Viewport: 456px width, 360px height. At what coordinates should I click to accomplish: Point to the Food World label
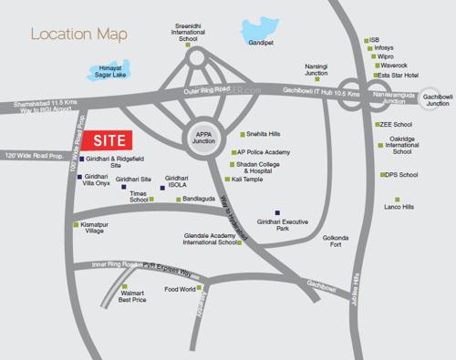(x=181, y=291)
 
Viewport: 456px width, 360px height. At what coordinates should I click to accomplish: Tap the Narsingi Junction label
(x=316, y=70)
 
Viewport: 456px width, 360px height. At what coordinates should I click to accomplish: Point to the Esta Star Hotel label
(x=399, y=77)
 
